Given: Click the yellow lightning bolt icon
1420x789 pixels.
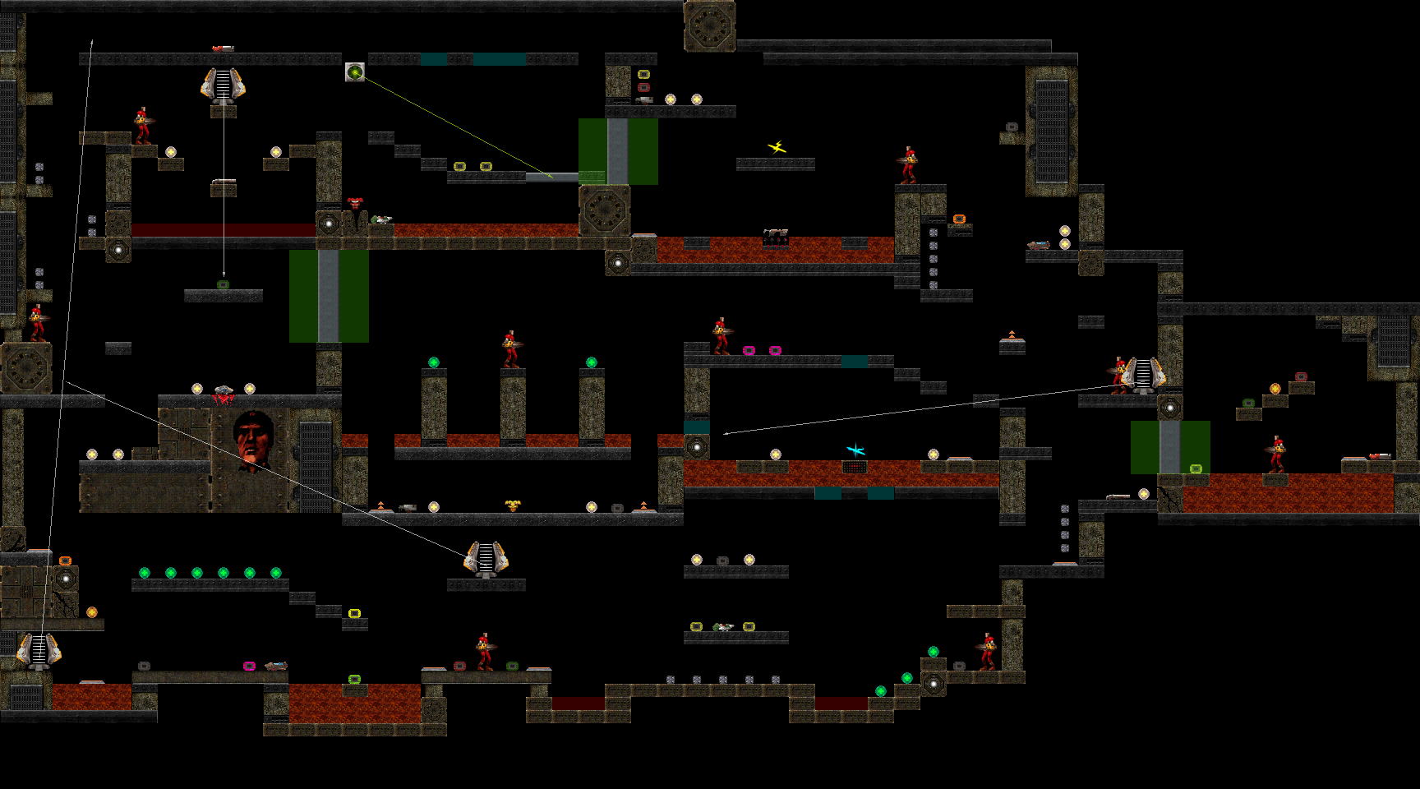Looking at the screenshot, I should click(x=777, y=148).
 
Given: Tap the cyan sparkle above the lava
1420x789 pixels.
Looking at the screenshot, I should click(x=855, y=450).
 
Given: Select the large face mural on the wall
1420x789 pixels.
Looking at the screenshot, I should click(x=252, y=441).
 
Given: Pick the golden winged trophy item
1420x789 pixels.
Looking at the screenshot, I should click(x=512, y=505).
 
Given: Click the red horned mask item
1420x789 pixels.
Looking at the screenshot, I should click(x=354, y=203).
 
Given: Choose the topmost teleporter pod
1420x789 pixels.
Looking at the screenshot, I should click(x=223, y=85).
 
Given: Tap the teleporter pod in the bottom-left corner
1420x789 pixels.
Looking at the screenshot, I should click(x=39, y=649).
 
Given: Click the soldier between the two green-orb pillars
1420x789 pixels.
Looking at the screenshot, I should click(x=511, y=349).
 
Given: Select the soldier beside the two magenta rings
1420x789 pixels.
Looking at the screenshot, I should click(x=721, y=336).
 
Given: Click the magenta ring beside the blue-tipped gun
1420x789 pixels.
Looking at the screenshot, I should click(x=249, y=666).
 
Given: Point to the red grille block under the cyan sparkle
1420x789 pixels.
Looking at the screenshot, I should click(x=855, y=467).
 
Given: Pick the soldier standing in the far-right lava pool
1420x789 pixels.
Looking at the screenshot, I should click(x=1276, y=454).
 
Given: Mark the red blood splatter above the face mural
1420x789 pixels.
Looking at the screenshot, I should click(x=223, y=399).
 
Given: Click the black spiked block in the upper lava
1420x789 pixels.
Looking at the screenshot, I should click(x=775, y=238).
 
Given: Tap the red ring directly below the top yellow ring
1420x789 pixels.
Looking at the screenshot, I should click(x=643, y=87).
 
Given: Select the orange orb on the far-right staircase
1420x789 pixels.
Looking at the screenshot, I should click(x=1275, y=389).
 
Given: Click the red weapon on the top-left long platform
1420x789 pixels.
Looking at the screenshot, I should click(x=222, y=49).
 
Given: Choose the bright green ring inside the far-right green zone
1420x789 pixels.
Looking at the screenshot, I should click(x=1196, y=468).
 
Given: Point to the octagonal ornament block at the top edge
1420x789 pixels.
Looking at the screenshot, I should click(x=709, y=26).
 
